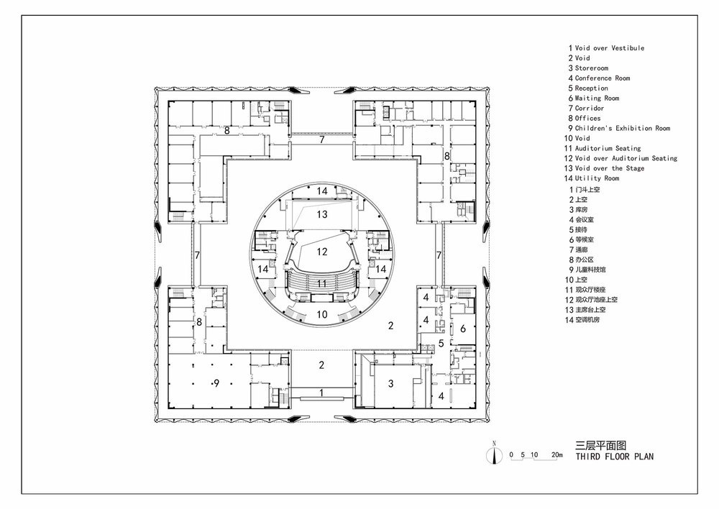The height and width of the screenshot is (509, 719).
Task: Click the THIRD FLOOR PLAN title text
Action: pos(615,457)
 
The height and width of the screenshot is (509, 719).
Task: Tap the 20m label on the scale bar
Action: pos(557,455)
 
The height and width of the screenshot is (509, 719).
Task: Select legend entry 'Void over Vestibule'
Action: pos(610,48)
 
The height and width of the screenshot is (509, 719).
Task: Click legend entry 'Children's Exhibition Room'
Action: pos(622,129)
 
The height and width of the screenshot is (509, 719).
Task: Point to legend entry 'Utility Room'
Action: pos(597,178)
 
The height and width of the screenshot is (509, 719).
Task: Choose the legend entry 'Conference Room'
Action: pos(602,78)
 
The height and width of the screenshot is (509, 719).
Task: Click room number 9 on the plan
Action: pos(216,383)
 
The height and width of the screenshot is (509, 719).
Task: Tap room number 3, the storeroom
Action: pos(390,383)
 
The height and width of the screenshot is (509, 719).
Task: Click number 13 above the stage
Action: pos(322,214)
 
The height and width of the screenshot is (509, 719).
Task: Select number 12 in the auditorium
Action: pos(322,252)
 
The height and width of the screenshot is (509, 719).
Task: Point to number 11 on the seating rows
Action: pos(322,284)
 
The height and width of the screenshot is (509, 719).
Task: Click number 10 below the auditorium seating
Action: pos(322,314)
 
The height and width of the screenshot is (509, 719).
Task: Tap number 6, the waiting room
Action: pos(462,329)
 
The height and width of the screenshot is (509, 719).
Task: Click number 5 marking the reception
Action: pos(441,343)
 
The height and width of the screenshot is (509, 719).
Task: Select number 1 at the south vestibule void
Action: pos(321,393)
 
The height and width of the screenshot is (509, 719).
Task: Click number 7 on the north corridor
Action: pos(322,139)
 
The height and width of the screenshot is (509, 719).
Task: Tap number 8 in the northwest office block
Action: pos(226,131)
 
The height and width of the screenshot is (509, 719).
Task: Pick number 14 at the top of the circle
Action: pos(322,191)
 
